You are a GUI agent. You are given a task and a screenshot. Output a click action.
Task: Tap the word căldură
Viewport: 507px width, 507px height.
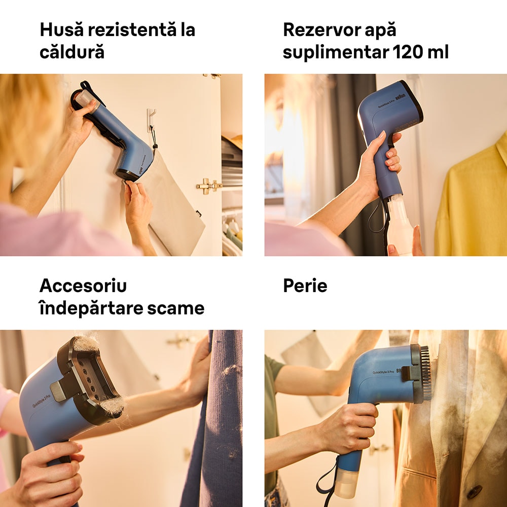coord(72,52)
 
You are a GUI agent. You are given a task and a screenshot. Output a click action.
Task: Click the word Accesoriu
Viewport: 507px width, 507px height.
coord(83,285)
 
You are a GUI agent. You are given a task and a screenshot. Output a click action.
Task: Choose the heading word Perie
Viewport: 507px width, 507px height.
coord(305,285)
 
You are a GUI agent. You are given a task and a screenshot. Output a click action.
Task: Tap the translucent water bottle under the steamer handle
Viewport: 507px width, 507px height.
coord(399,226)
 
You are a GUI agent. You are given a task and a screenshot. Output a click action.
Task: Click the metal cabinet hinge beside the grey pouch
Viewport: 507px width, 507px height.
coord(209,186)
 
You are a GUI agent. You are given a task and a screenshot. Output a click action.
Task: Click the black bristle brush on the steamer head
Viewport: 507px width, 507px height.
coord(424,373)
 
